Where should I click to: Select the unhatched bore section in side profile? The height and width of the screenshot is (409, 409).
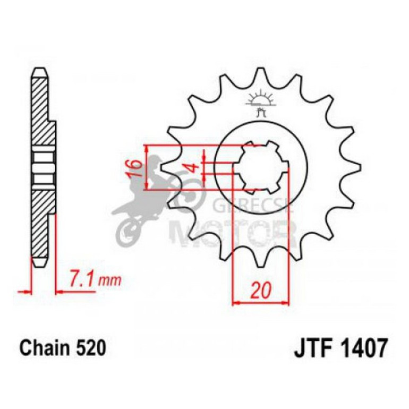click(41, 166)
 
